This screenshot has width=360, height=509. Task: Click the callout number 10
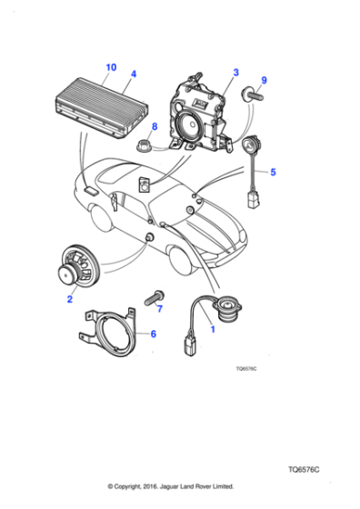click(x=111, y=66)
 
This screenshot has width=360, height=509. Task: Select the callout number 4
click(x=133, y=75)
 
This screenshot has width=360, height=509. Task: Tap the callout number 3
click(x=235, y=72)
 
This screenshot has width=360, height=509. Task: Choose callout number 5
click(x=274, y=171)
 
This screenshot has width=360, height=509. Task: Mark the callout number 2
click(x=69, y=297)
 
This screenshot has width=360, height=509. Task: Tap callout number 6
click(x=153, y=334)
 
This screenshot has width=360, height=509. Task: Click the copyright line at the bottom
click(x=171, y=486)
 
